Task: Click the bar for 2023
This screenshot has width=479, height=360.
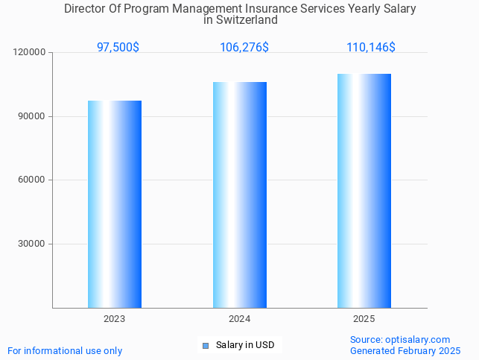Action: (115, 204)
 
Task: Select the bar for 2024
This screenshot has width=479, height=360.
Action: (240, 195)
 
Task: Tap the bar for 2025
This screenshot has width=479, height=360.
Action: (364, 191)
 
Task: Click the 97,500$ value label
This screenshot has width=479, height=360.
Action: (118, 47)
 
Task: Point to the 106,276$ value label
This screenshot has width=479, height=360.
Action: (244, 47)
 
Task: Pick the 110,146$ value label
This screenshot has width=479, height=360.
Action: (371, 47)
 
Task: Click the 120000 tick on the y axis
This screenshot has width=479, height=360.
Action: (31, 53)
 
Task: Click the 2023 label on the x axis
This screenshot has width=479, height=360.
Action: (115, 319)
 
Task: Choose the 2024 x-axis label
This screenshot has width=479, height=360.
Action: (240, 319)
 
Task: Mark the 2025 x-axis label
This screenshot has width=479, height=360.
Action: (364, 319)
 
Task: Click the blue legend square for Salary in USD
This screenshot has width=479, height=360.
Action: (206, 345)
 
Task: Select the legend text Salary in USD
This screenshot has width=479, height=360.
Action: (245, 345)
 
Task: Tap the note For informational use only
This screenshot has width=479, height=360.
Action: (65, 350)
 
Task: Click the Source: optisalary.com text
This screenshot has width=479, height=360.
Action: (400, 339)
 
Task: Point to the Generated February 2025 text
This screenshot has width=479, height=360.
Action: (405, 350)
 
